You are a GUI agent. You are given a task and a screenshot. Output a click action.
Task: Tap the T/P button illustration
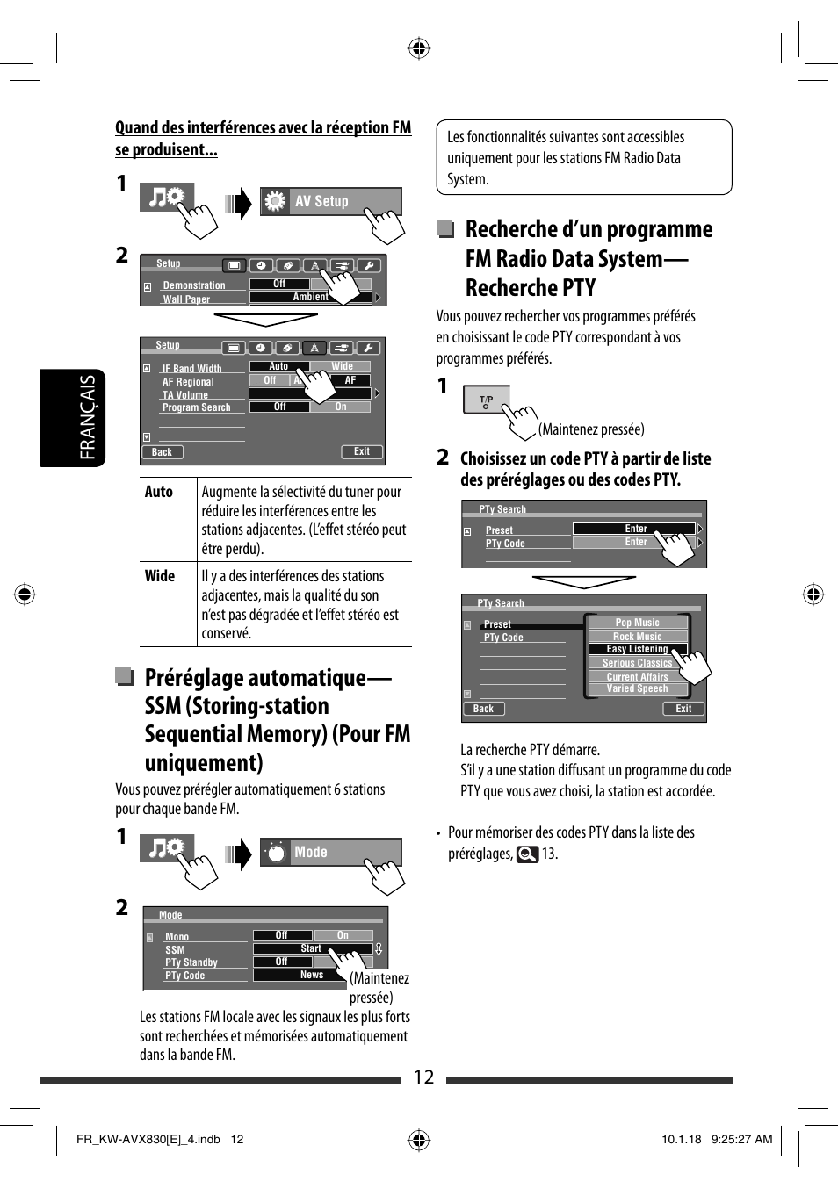(486, 400)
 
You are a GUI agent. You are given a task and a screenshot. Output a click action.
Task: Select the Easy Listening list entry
(637, 649)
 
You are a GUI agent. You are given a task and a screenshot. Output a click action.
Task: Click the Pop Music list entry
(637, 623)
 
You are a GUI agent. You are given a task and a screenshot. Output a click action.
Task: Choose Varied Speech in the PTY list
(637, 688)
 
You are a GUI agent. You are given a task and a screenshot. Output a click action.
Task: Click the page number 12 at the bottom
(423, 1077)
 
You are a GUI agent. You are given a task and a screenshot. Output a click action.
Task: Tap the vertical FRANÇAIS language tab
(87, 417)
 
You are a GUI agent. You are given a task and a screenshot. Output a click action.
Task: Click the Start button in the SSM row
(311, 948)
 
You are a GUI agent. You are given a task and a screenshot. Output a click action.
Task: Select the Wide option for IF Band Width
(342, 366)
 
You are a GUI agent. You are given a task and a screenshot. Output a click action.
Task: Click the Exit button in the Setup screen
(362, 451)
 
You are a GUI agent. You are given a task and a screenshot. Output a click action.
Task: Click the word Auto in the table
(159, 492)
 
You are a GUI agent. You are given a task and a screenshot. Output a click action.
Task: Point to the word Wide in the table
(160, 576)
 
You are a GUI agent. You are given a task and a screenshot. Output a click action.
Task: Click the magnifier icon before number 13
(527, 854)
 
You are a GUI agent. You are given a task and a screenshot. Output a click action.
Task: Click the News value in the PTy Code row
(311, 975)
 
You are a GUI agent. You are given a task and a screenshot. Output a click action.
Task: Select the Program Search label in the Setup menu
(196, 407)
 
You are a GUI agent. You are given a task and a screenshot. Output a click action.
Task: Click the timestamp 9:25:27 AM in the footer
(741, 1139)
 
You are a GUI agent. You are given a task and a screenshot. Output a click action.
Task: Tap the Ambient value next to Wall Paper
(310, 297)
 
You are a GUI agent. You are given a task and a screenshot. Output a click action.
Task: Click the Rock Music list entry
(637, 637)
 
